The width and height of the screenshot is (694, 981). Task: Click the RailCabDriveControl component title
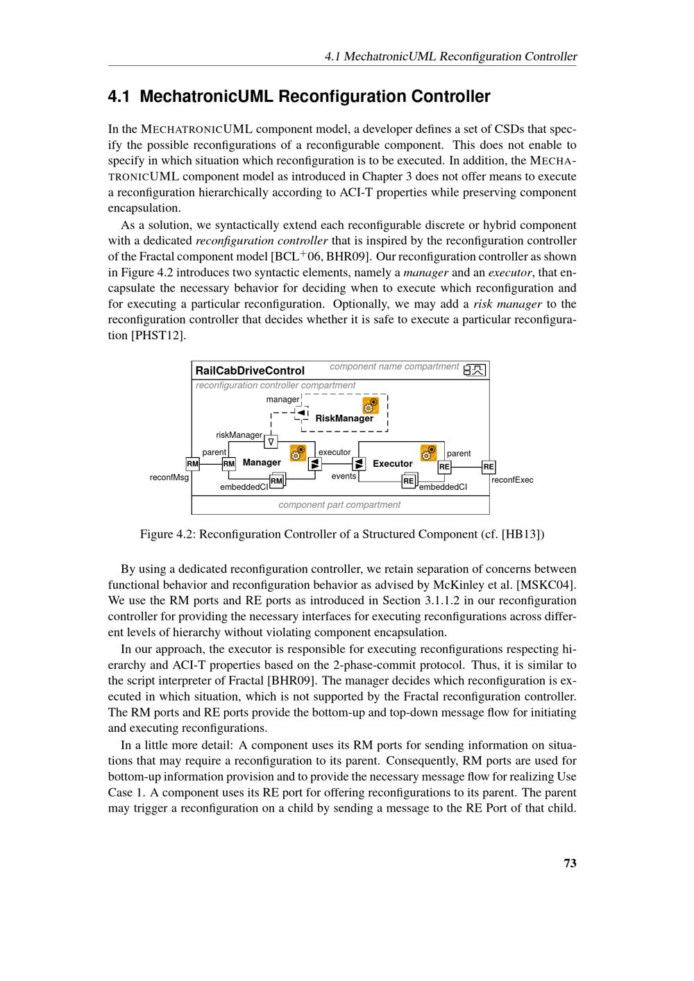pyautogui.click(x=250, y=370)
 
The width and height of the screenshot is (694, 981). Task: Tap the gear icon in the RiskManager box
pyautogui.click(x=371, y=405)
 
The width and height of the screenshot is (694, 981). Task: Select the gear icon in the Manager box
pyautogui.click(x=298, y=453)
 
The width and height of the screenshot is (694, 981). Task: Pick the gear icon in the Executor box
pyautogui.click(x=428, y=453)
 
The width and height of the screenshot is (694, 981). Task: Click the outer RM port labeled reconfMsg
pyautogui.click(x=193, y=464)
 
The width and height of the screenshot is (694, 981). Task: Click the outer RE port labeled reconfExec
pyautogui.click(x=489, y=467)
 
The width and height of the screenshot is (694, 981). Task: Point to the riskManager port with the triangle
pyautogui.click(x=271, y=441)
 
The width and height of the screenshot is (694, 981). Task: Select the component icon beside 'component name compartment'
pyautogui.click(x=475, y=370)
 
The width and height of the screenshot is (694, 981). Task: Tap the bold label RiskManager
pyautogui.click(x=344, y=418)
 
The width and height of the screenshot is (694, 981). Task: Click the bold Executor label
pyautogui.click(x=392, y=463)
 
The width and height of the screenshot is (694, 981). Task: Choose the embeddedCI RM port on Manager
pyautogui.click(x=276, y=481)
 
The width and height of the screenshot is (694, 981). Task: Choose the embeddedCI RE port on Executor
pyautogui.click(x=409, y=481)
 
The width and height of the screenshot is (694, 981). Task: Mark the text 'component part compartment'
pyautogui.click(x=339, y=505)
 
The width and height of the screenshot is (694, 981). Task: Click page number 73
pyautogui.click(x=570, y=863)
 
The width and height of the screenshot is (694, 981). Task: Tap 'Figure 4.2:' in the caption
pyautogui.click(x=168, y=534)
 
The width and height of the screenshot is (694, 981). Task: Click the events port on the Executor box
pyautogui.click(x=359, y=464)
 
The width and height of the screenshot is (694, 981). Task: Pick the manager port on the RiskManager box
pyautogui.click(x=301, y=413)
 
